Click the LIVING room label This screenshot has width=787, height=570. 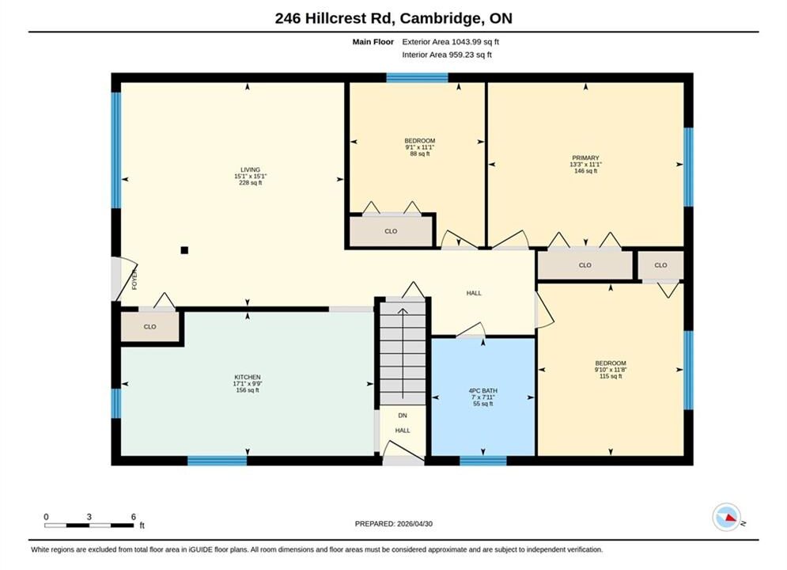[250, 169]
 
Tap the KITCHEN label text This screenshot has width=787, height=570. [248, 377]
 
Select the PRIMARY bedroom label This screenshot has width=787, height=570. [585, 158]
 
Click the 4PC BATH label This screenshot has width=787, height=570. [482, 391]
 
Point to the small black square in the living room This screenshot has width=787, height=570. [185, 250]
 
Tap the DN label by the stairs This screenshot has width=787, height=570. [403, 416]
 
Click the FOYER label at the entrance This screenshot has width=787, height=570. [134, 279]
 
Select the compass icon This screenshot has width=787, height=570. [726, 517]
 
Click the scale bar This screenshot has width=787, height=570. [89, 526]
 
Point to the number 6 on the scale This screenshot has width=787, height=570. [134, 517]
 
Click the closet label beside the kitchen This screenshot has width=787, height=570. [150, 326]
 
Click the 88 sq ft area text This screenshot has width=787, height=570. [419, 154]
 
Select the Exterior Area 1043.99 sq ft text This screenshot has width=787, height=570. [450, 42]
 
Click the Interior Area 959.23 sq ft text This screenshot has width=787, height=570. [447, 55]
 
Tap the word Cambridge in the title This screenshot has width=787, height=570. [439, 18]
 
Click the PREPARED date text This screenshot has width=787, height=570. [394, 524]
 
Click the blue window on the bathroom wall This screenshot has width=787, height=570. [482, 461]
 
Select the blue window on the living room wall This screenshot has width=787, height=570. [116, 150]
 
